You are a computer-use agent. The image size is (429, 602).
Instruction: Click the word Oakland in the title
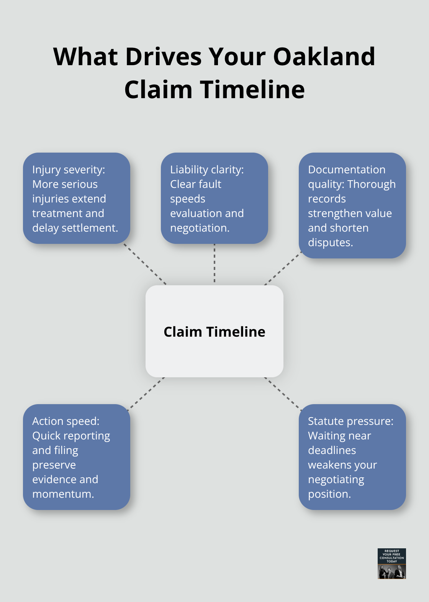324,57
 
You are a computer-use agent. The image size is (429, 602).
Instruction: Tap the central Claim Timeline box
215,331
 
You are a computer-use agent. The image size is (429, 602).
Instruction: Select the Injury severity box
77,198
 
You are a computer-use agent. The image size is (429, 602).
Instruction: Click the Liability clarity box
215,198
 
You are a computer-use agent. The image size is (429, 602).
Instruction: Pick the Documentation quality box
352,206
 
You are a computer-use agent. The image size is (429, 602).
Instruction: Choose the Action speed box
77,457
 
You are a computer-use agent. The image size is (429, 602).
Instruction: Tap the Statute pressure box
352,457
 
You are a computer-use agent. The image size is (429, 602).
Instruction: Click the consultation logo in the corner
391,563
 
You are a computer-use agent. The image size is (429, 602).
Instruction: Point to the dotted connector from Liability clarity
215,264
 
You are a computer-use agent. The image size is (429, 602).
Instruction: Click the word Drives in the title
164,57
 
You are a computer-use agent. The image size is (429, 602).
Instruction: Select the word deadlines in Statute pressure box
332,450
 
